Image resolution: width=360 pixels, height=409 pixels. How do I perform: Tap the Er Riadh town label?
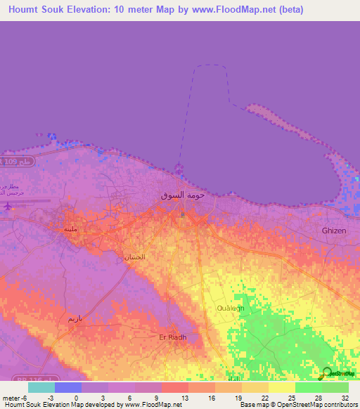(x=172, y=337)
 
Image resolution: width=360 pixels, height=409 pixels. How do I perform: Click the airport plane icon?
(x=8, y=207)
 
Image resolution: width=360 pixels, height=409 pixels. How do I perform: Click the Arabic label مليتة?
(x=70, y=229)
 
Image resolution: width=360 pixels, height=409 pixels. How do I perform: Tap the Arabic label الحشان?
(x=134, y=257)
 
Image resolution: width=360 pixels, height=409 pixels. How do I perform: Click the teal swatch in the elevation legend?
(x=41, y=387)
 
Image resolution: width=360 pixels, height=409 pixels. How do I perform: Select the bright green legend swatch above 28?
(x=308, y=387)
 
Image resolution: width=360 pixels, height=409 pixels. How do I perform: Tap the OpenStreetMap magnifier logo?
(x=328, y=373)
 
